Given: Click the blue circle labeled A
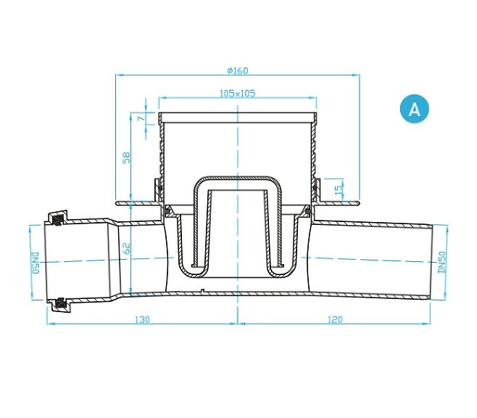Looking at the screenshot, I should click(414, 109).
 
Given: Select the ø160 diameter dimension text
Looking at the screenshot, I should click(237, 70).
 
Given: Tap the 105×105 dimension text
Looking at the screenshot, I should click(237, 94).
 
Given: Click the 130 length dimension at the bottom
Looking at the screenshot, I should click(142, 319).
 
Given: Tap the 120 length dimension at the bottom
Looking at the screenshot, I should click(335, 319).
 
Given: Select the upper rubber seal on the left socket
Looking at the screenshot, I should click(56, 217).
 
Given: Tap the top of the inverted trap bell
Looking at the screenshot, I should click(237, 178).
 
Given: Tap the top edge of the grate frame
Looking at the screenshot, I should click(237, 115).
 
